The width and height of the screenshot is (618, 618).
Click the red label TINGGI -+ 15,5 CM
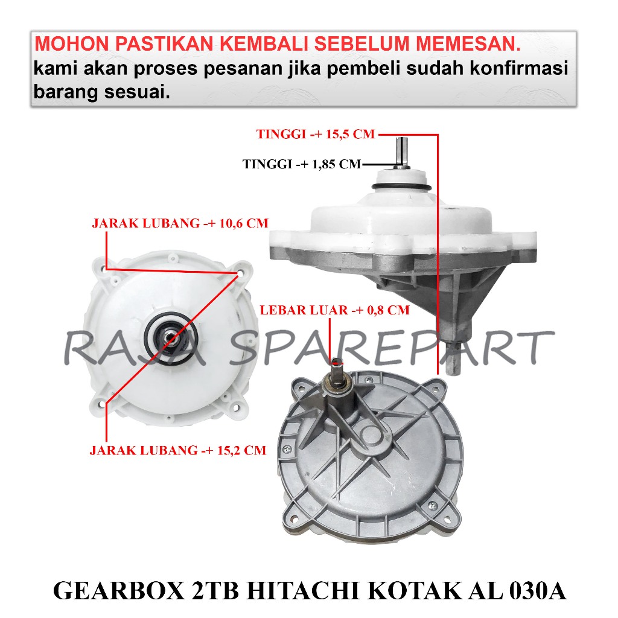316,135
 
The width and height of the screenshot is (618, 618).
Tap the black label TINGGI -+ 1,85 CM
301,164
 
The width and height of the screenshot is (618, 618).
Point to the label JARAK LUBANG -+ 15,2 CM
178,450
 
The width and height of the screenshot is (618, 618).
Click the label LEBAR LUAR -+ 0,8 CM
334,311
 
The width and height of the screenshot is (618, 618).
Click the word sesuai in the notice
135,94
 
